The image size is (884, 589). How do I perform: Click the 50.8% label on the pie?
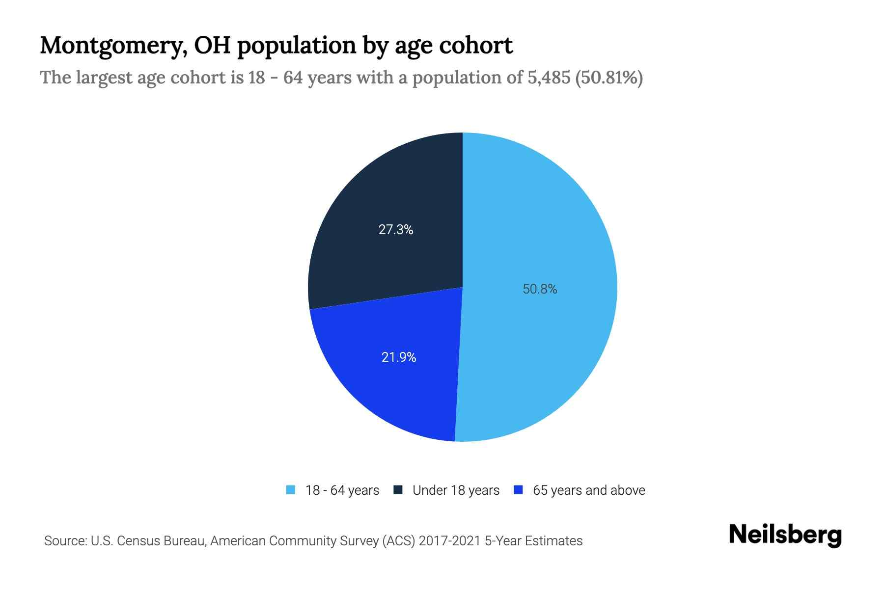tap(540, 289)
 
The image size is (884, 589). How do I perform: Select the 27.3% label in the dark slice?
tap(396, 230)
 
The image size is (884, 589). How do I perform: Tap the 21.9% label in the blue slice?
tap(399, 357)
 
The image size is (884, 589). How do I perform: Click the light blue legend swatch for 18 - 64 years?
tap(291, 490)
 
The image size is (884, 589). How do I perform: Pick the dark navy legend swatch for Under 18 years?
tap(398, 490)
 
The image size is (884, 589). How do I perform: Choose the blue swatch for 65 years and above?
tap(518, 490)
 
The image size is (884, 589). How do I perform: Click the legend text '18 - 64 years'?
tap(342, 490)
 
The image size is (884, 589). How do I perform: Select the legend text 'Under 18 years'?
tap(456, 490)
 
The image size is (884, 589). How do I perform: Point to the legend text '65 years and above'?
tap(589, 490)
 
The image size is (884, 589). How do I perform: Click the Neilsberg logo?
tap(785, 535)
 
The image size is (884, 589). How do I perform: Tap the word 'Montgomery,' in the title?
tap(113, 46)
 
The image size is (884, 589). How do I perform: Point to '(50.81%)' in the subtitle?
tap(609, 78)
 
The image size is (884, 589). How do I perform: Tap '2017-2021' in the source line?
tap(450, 541)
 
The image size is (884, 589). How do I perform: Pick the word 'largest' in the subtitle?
tap(104, 78)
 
